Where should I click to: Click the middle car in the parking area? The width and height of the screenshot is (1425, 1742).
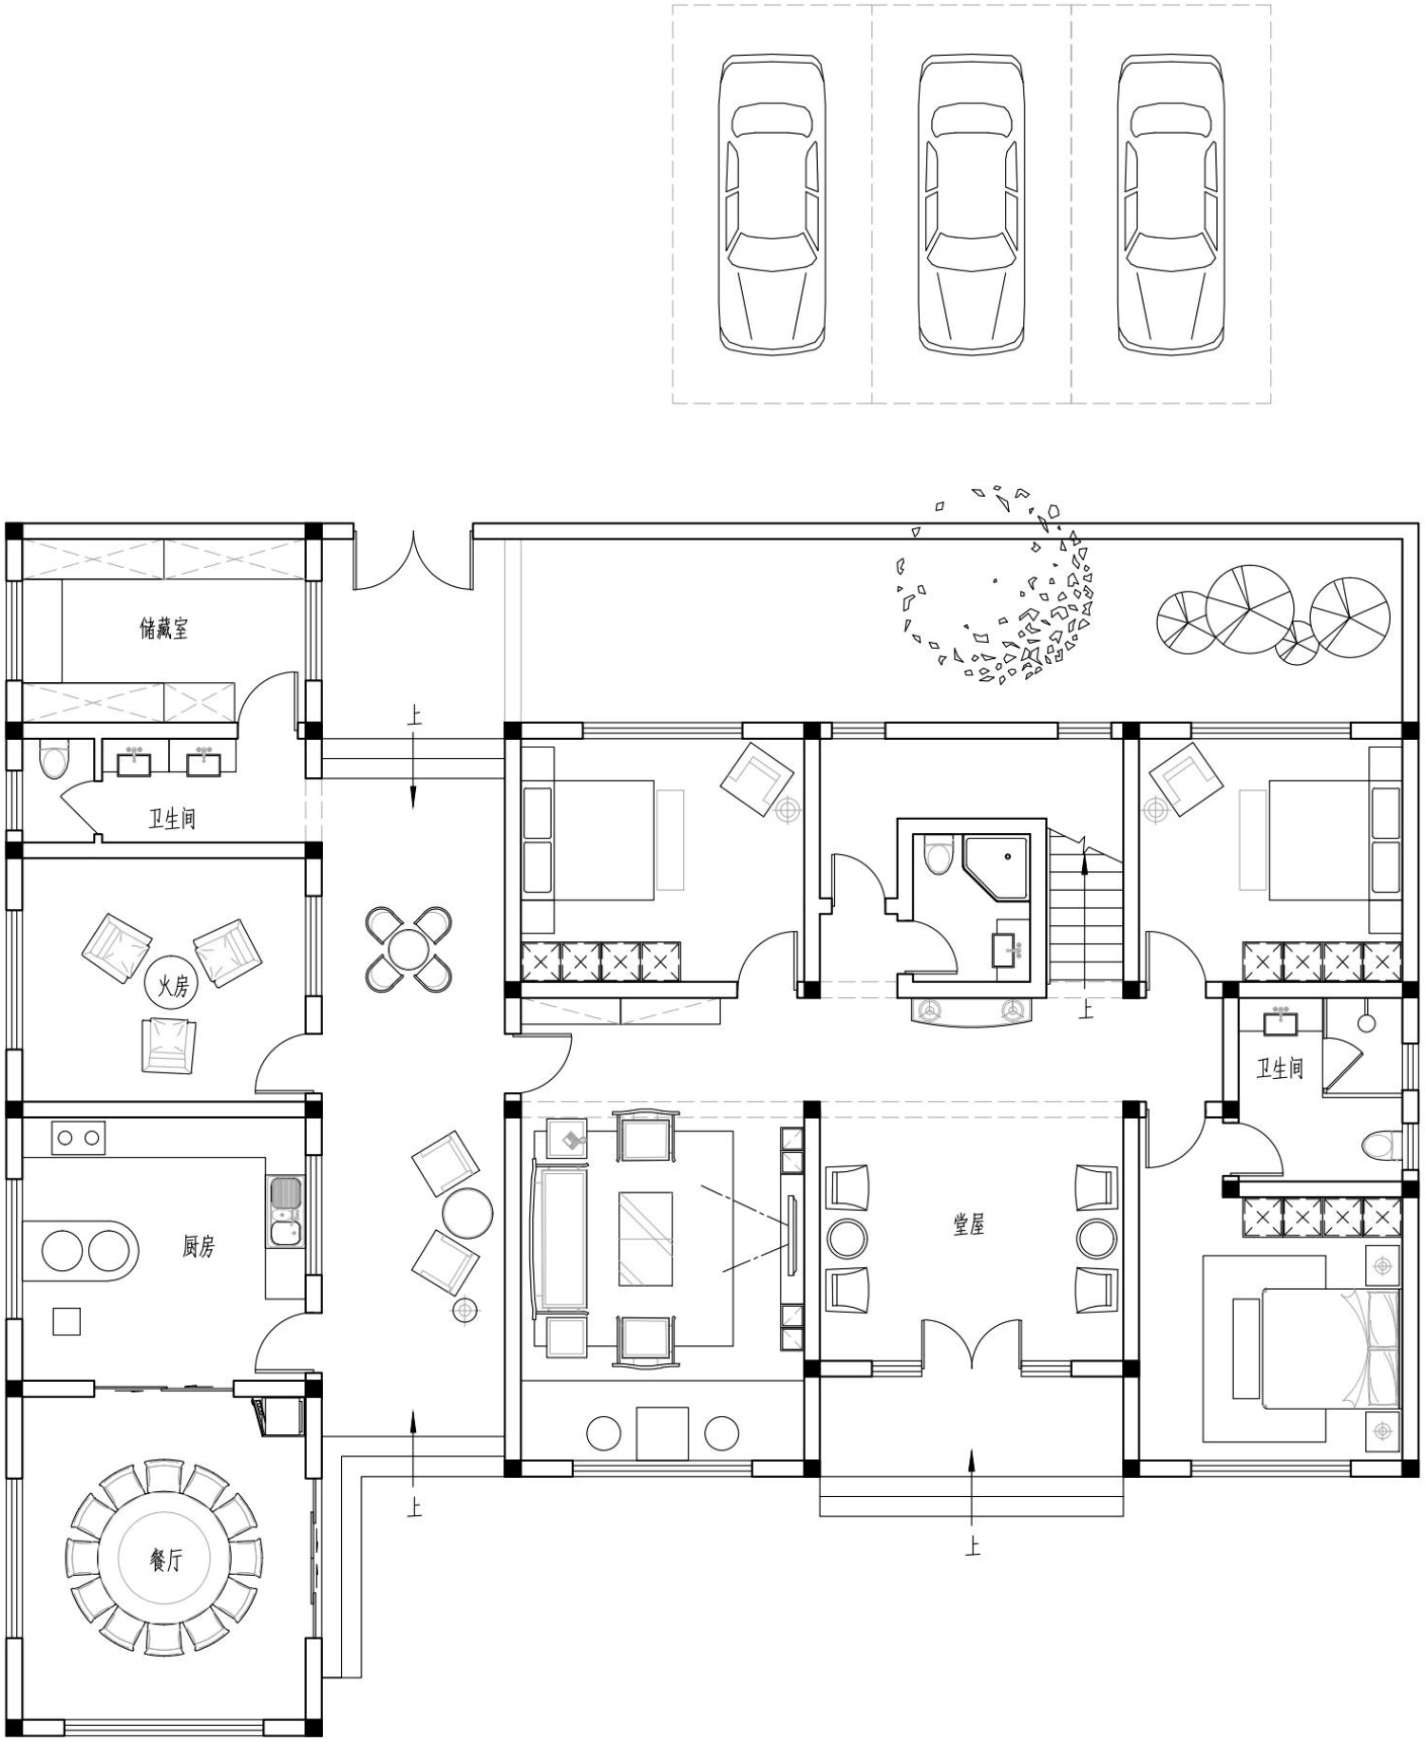point(971,204)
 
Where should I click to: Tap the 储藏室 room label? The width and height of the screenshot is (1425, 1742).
point(164,628)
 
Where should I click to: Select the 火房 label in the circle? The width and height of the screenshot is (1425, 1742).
point(173,986)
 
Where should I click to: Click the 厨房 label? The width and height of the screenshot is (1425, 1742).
point(199,1246)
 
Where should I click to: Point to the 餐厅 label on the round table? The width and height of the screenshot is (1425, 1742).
point(165,1559)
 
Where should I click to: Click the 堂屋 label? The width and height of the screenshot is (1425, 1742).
point(969,1224)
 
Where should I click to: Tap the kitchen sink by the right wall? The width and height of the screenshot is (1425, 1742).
point(285,1211)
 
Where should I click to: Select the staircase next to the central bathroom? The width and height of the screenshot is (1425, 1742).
point(1086,906)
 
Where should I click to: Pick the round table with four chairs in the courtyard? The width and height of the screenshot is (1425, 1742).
point(408,950)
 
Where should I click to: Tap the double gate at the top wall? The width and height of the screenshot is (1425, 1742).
point(413,561)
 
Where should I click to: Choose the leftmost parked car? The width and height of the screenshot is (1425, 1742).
point(771,204)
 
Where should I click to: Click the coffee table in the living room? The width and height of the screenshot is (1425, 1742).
point(646,1239)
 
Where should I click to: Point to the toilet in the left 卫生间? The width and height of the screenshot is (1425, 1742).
point(54,762)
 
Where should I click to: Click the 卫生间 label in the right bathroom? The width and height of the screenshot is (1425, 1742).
point(1280,1069)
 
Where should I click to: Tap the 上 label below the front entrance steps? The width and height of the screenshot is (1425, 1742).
point(972,1546)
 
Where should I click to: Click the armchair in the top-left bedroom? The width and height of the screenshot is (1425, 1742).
point(757,779)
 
